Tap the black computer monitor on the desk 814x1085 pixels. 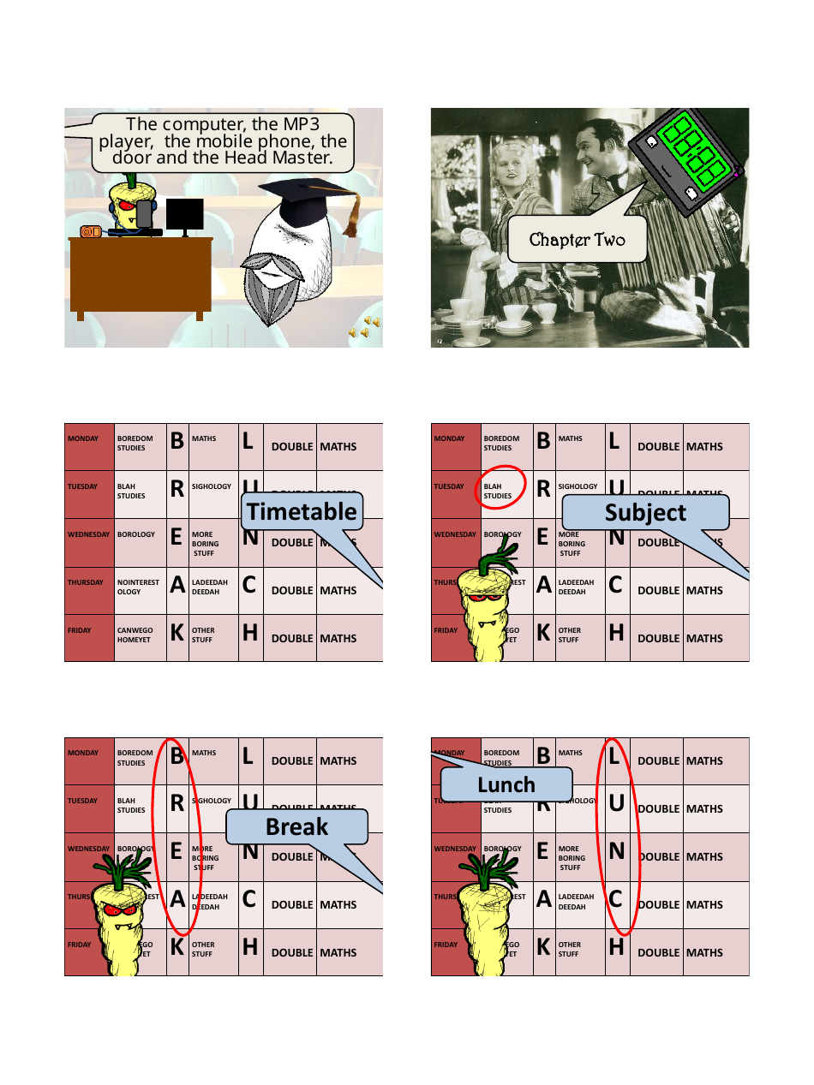[x=184, y=215]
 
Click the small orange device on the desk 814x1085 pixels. [x=91, y=231]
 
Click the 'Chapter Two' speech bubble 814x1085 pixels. [x=577, y=240]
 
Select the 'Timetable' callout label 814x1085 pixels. [x=301, y=512]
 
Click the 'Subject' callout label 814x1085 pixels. [x=644, y=512]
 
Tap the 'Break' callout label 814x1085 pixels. [x=296, y=827]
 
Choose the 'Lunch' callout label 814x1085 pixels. [x=506, y=784]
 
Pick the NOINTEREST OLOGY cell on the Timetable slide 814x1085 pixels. [x=139, y=587]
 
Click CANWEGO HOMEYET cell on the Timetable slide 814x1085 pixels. [x=135, y=635]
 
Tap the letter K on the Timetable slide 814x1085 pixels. [x=177, y=634]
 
